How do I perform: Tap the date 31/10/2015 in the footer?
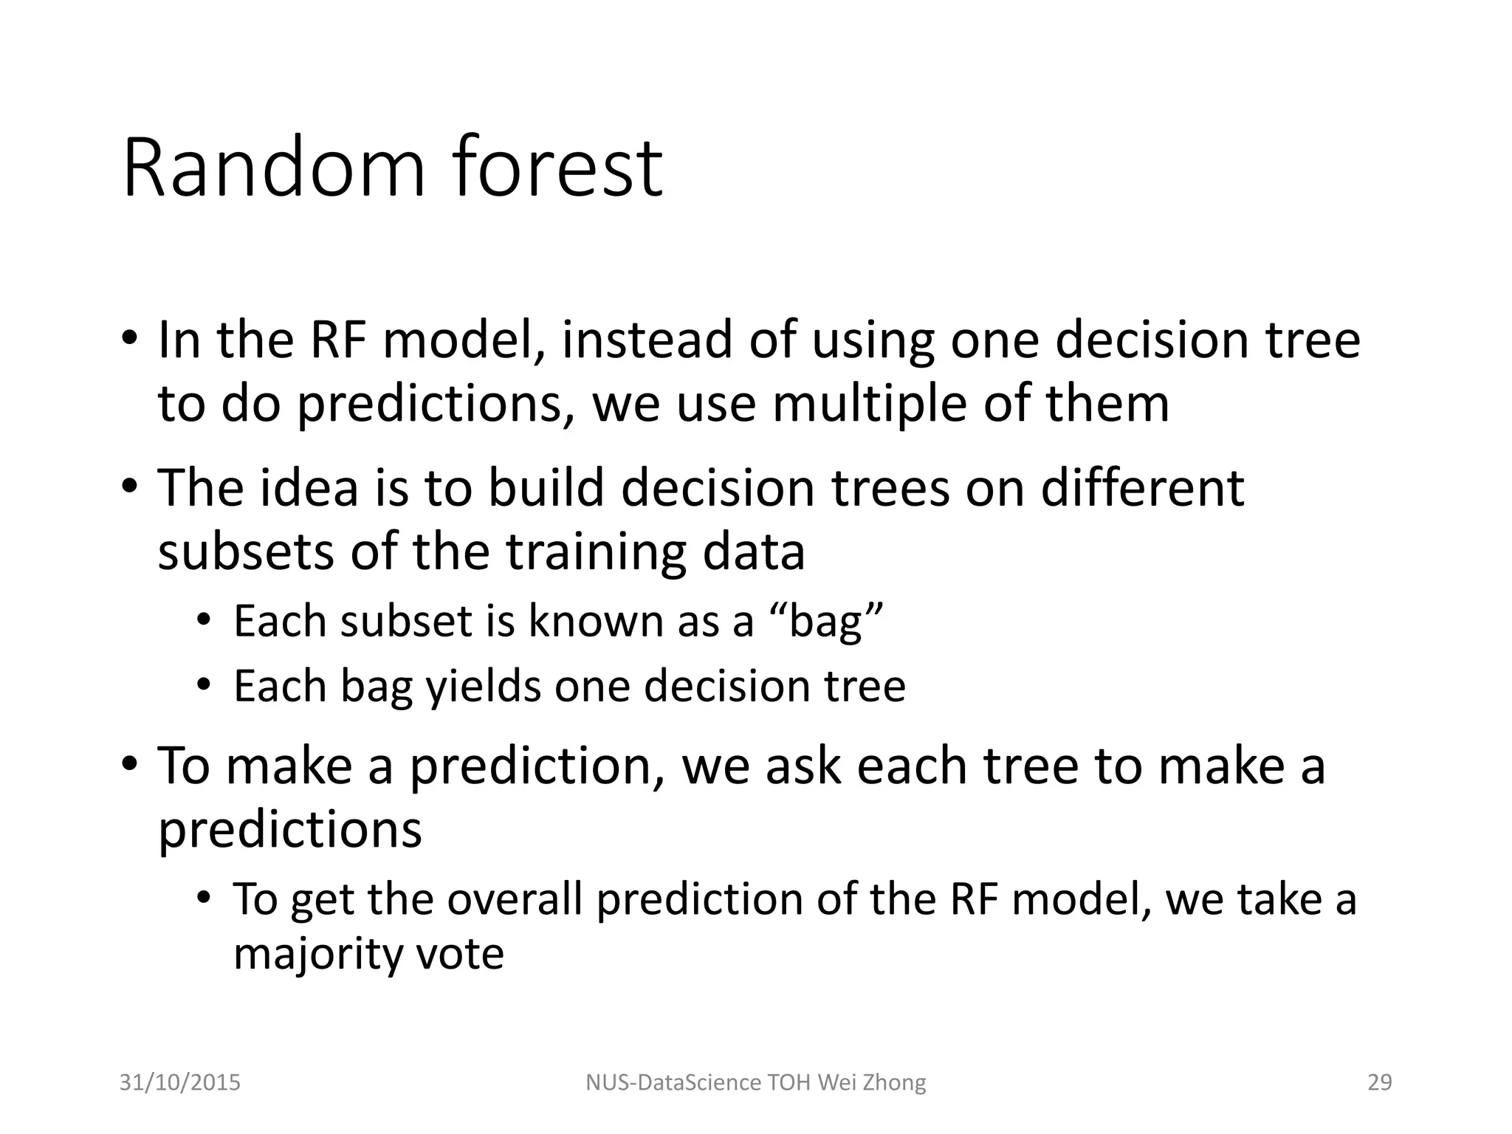(x=180, y=1082)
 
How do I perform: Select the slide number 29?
(x=1379, y=1082)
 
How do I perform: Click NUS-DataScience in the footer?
(x=673, y=1082)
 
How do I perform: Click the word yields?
(x=484, y=687)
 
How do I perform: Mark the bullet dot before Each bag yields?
(x=204, y=685)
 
